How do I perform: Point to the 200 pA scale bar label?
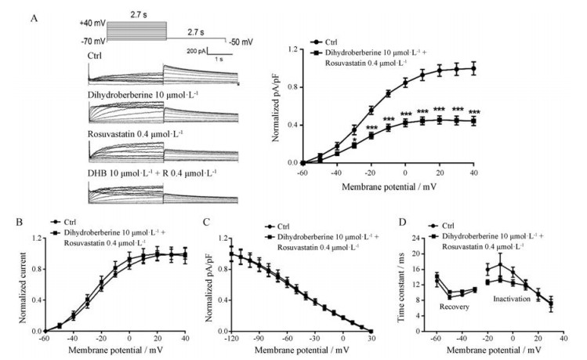point(198,49)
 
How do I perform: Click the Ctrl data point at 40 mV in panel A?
point(473,68)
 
